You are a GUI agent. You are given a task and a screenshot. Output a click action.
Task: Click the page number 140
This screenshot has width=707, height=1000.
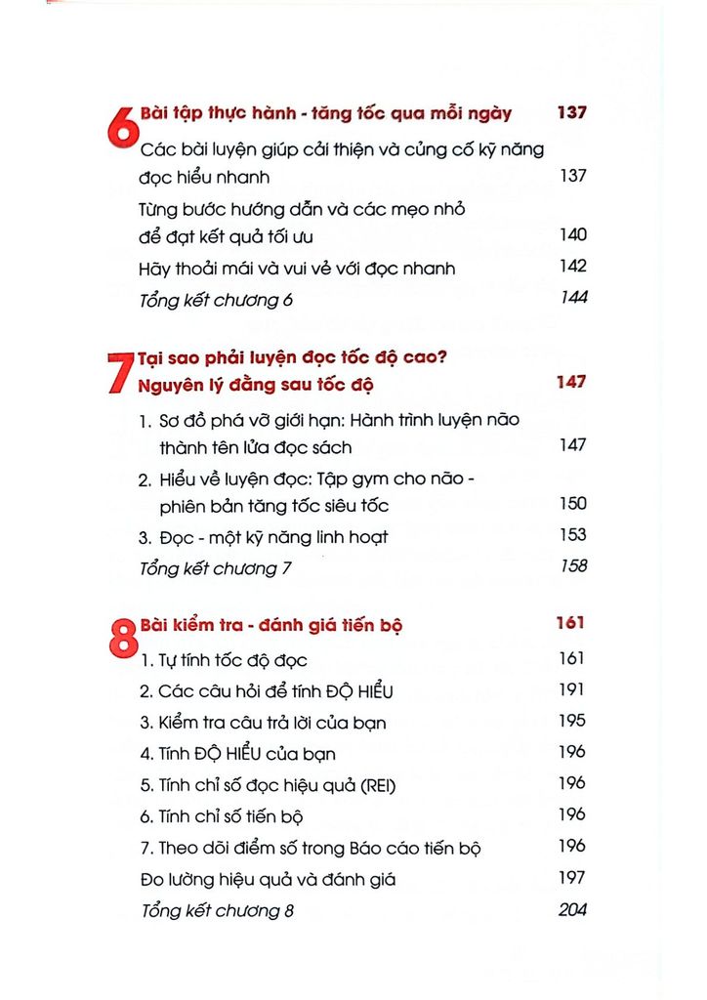pyautogui.click(x=572, y=234)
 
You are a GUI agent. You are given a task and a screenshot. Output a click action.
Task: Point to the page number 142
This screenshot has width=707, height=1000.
pyautogui.click(x=572, y=267)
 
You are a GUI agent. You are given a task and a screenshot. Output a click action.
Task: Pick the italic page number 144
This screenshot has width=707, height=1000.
pyautogui.click(x=573, y=298)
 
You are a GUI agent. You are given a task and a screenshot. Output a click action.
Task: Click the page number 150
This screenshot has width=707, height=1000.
pyautogui.click(x=572, y=504)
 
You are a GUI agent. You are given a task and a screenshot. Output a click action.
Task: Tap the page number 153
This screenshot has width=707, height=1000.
pyautogui.click(x=572, y=535)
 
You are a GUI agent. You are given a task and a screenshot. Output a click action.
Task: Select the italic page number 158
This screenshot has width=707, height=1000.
pyautogui.click(x=572, y=566)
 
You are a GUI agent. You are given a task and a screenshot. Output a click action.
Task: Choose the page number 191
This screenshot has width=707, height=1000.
pyautogui.click(x=572, y=689)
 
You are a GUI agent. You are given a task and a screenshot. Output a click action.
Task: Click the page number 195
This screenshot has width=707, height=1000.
pyautogui.click(x=572, y=721)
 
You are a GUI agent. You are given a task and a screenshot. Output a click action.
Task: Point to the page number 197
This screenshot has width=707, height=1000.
pyautogui.click(x=572, y=878)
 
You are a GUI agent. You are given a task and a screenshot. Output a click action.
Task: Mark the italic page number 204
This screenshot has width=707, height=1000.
pyautogui.click(x=572, y=909)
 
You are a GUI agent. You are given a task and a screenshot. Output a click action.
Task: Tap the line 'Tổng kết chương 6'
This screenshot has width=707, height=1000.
pyautogui.click(x=217, y=300)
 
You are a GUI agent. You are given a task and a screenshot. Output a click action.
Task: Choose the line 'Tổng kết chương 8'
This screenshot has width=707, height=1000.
pyautogui.click(x=217, y=911)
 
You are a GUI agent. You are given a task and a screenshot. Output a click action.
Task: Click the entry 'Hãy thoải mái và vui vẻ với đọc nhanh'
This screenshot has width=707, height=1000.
pyautogui.click(x=298, y=269)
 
